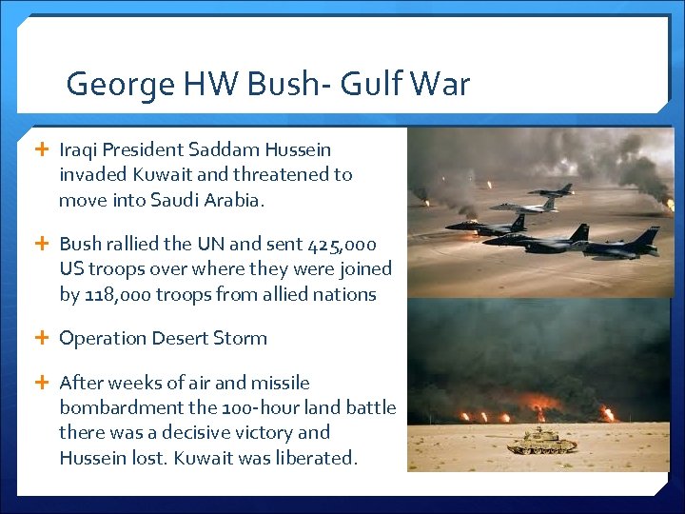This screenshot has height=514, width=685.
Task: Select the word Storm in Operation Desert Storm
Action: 241,338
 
